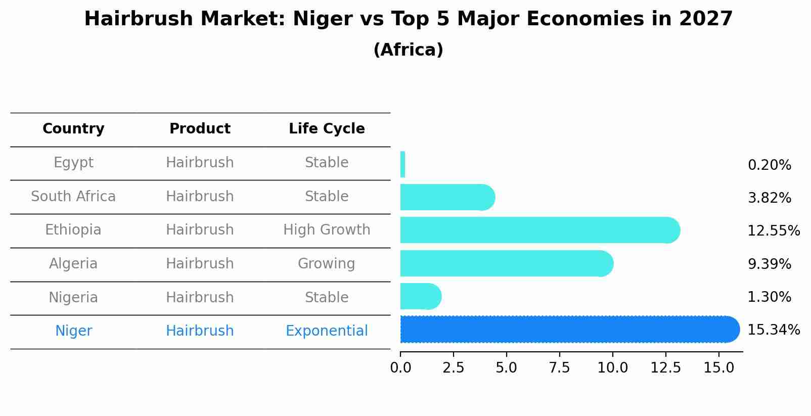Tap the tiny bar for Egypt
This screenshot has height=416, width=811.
pos(402,165)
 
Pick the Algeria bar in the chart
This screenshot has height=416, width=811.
pos(506,264)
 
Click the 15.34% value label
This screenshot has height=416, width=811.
pos(773,330)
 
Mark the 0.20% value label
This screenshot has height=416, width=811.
pos(769,165)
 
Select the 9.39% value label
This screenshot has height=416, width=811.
pos(769,264)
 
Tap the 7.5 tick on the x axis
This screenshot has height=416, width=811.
pos(559,368)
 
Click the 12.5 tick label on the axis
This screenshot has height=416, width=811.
pos(665,368)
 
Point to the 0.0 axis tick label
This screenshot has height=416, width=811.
pos(400,368)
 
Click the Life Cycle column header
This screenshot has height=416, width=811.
pos(327,129)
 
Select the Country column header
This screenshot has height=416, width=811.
pos(73,129)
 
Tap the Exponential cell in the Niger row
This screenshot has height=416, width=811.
pos(327,331)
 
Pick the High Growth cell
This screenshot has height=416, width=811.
pos(327,230)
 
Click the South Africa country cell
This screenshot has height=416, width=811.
pos(73,197)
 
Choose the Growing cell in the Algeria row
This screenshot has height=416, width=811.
pos(327,264)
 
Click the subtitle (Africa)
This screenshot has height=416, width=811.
pos(408,50)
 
